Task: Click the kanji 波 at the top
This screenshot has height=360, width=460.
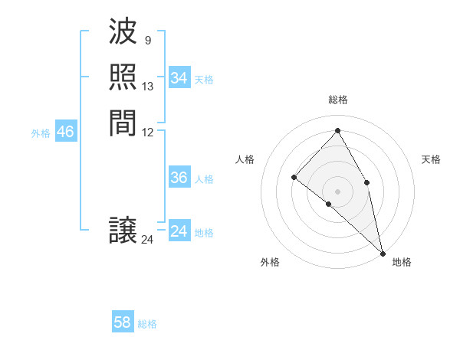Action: (123, 33)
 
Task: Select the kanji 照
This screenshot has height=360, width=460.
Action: (123, 77)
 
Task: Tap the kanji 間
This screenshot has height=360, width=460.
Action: (123, 123)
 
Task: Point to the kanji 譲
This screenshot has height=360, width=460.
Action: (123, 231)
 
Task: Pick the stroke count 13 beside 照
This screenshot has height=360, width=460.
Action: (148, 87)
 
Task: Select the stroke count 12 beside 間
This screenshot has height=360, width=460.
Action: (148, 132)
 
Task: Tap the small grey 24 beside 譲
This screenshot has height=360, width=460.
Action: (147, 240)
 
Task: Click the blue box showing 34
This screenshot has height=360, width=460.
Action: (179, 78)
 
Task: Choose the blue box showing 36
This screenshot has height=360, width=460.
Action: (179, 178)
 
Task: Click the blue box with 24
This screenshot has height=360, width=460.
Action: (179, 231)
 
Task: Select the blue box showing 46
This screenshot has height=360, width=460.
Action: (65, 132)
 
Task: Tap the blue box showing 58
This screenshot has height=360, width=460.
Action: (123, 322)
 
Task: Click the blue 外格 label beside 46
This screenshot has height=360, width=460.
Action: (41, 133)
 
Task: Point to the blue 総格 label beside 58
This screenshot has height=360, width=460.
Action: (147, 324)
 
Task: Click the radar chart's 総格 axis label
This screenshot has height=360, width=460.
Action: (337, 100)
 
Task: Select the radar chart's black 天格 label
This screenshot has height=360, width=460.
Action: (431, 159)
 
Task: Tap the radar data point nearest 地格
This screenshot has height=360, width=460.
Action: (383, 252)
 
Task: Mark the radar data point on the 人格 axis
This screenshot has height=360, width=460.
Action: (294, 177)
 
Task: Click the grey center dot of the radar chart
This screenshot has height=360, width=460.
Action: (337, 191)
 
